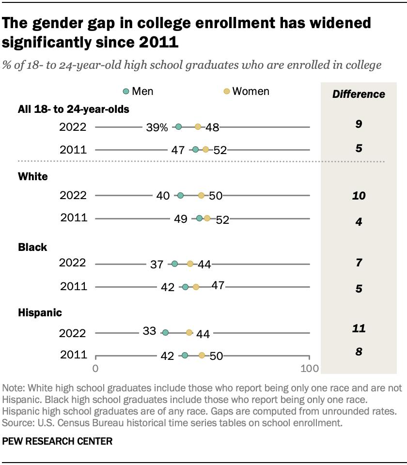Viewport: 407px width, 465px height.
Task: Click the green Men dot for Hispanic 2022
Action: coord(165,333)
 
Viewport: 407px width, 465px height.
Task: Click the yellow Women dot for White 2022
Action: coord(201,196)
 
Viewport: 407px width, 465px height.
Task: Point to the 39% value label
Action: coord(157,127)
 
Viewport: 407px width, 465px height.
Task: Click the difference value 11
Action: coord(359,329)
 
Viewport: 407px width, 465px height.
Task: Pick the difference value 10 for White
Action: coord(359,196)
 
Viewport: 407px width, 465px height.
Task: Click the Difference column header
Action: coord(359,94)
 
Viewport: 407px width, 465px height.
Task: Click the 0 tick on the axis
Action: coord(95,369)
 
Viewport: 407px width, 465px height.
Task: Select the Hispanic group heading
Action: coord(40,313)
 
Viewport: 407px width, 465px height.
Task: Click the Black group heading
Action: coord(32,248)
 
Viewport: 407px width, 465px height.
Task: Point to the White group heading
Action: coord(33,177)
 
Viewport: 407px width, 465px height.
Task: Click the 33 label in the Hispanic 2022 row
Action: coord(149,331)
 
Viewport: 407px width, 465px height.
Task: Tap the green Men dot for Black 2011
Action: coord(185,287)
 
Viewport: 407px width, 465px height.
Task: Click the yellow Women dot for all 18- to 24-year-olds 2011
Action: coord(205,150)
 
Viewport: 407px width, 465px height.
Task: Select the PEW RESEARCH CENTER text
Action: coord(58,441)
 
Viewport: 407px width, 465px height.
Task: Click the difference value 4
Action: coord(359,222)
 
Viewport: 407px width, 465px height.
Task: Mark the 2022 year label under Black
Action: coord(73,263)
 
